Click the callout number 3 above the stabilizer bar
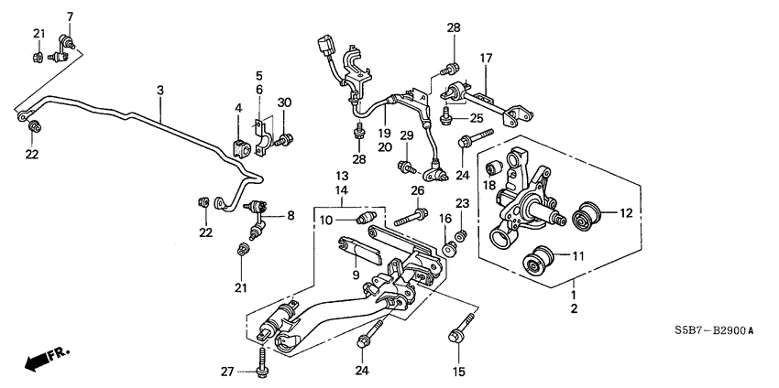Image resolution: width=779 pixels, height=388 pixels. click(x=159, y=91)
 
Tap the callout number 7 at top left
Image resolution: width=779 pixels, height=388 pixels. click(x=71, y=17)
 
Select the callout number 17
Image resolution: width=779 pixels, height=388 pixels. click(x=486, y=59)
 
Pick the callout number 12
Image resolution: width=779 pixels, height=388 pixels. click(x=626, y=214)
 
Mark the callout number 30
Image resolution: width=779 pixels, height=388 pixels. click(x=284, y=102)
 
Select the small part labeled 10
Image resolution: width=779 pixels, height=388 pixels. click(x=365, y=218)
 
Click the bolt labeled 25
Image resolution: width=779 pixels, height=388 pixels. click(x=446, y=115)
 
